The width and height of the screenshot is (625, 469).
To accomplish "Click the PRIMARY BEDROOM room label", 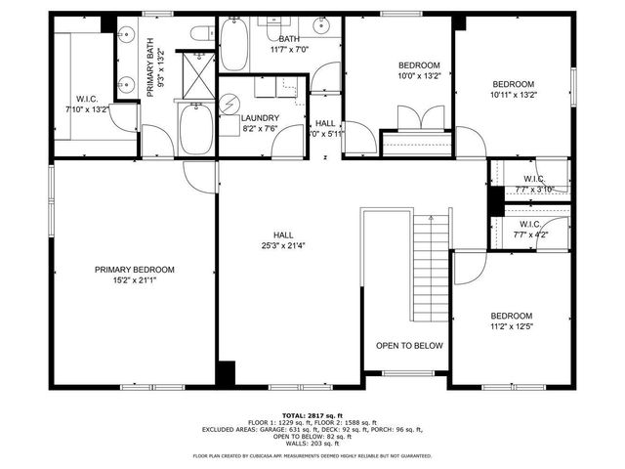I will click(x=134, y=270).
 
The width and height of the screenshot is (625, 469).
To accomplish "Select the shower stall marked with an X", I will click(x=199, y=74).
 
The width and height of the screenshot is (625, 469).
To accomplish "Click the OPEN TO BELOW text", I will click(x=409, y=346).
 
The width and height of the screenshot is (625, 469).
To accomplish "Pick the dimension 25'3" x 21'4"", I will click(x=283, y=246).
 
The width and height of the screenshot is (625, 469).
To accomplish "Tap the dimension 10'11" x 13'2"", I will click(x=513, y=96).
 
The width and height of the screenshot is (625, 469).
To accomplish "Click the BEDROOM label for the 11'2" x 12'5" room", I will click(x=511, y=316).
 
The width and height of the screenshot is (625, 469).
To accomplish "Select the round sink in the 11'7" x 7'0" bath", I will click(x=321, y=26).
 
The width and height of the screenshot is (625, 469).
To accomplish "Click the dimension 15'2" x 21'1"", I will click(x=134, y=281).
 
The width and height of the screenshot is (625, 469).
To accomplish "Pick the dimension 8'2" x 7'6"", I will click(x=260, y=128).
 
